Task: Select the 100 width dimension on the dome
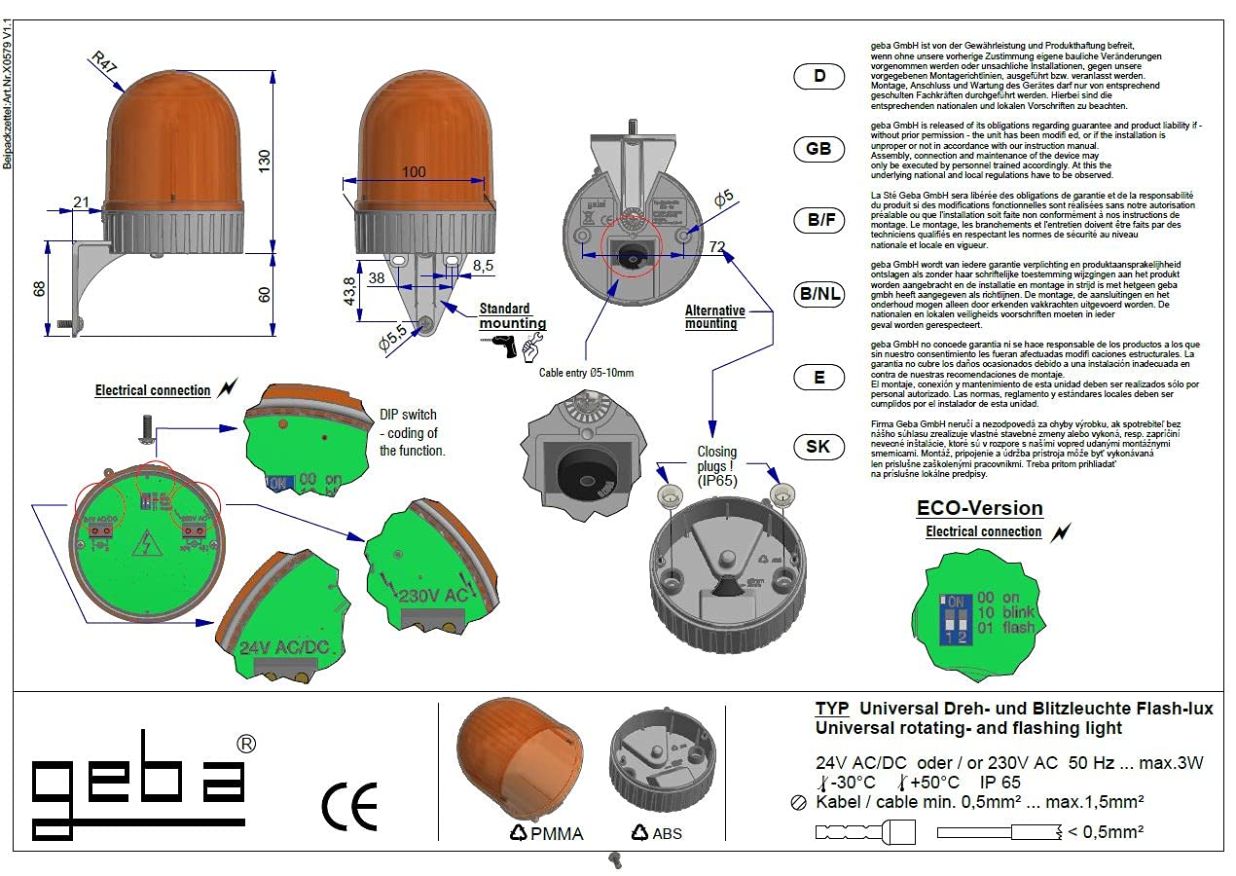(414, 172)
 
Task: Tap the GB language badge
(818, 149)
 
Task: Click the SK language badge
(818, 447)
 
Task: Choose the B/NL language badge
(818, 294)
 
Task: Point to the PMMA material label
(557, 833)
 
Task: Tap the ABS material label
(667, 833)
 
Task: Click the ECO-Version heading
(980, 508)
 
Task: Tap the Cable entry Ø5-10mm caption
(586, 373)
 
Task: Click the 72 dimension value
(718, 247)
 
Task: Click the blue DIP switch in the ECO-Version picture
(956, 618)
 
